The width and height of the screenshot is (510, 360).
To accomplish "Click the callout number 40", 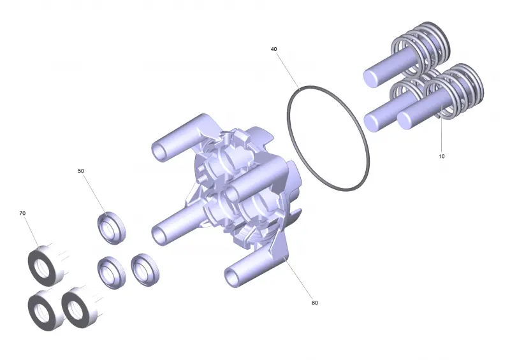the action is click(x=274, y=49).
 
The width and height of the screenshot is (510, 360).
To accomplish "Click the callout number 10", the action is click(x=441, y=156).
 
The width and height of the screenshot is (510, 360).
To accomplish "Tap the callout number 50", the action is click(x=81, y=171).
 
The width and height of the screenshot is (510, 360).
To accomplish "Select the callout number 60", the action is click(x=314, y=303).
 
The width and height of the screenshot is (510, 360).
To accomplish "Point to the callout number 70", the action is click(x=22, y=213).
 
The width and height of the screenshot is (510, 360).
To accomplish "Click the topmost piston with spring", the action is click(x=407, y=55).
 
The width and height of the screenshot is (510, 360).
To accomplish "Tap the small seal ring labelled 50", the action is click(x=112, y=227).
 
